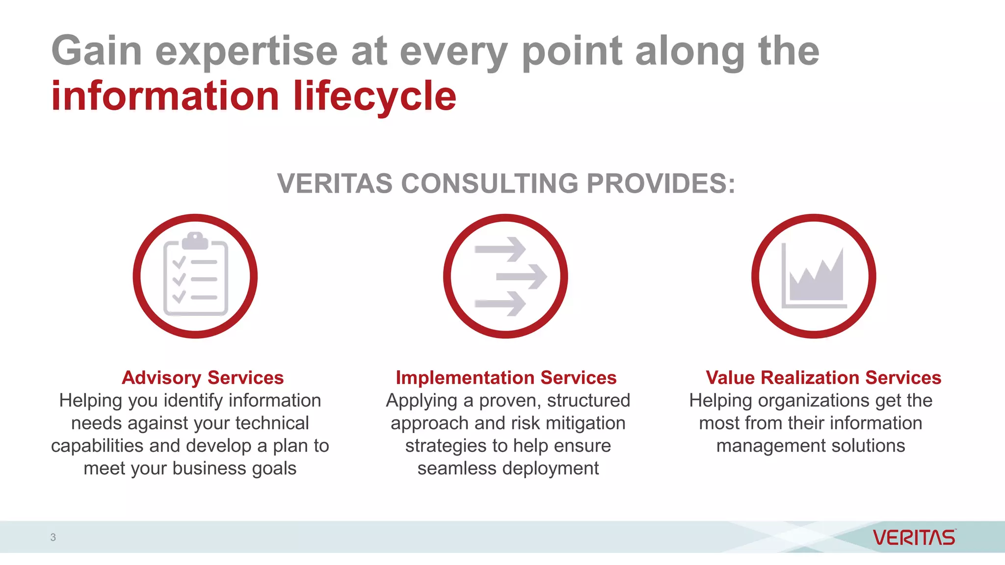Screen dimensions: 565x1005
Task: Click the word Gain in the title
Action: pos(97,51)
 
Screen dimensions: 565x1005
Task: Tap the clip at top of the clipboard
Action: pos(195,240)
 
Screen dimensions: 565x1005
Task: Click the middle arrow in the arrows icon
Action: pos(522,277)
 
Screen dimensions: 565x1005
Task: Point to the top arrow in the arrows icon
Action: pos(501,249)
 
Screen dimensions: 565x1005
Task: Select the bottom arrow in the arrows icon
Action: pos(501,304)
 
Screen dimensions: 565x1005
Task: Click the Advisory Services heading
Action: pos(203,378)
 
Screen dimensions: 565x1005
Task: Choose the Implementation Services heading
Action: pos(506,378)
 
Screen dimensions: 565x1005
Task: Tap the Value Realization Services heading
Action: pos(823,378)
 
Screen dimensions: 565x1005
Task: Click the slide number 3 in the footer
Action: pos(53,537)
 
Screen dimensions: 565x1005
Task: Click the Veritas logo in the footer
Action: pos(914,538)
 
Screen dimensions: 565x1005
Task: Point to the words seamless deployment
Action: pos(508,468)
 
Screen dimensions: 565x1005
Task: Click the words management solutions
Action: pos(811,446)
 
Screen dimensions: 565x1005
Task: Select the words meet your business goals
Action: pos(190,468)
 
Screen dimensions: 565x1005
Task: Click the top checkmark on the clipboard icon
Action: pos(179,262)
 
